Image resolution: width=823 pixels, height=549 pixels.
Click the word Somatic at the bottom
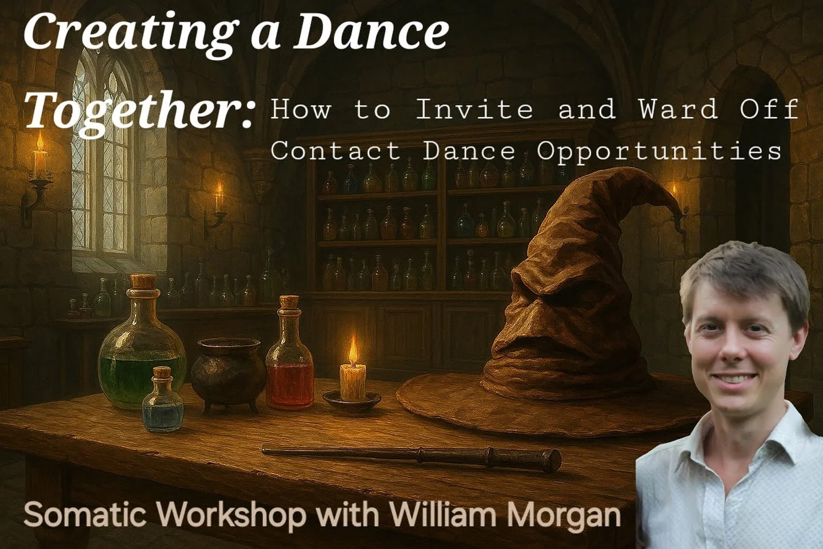91,514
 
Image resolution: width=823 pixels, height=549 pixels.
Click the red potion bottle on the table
289,366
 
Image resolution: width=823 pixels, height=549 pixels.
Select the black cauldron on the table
227,372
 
